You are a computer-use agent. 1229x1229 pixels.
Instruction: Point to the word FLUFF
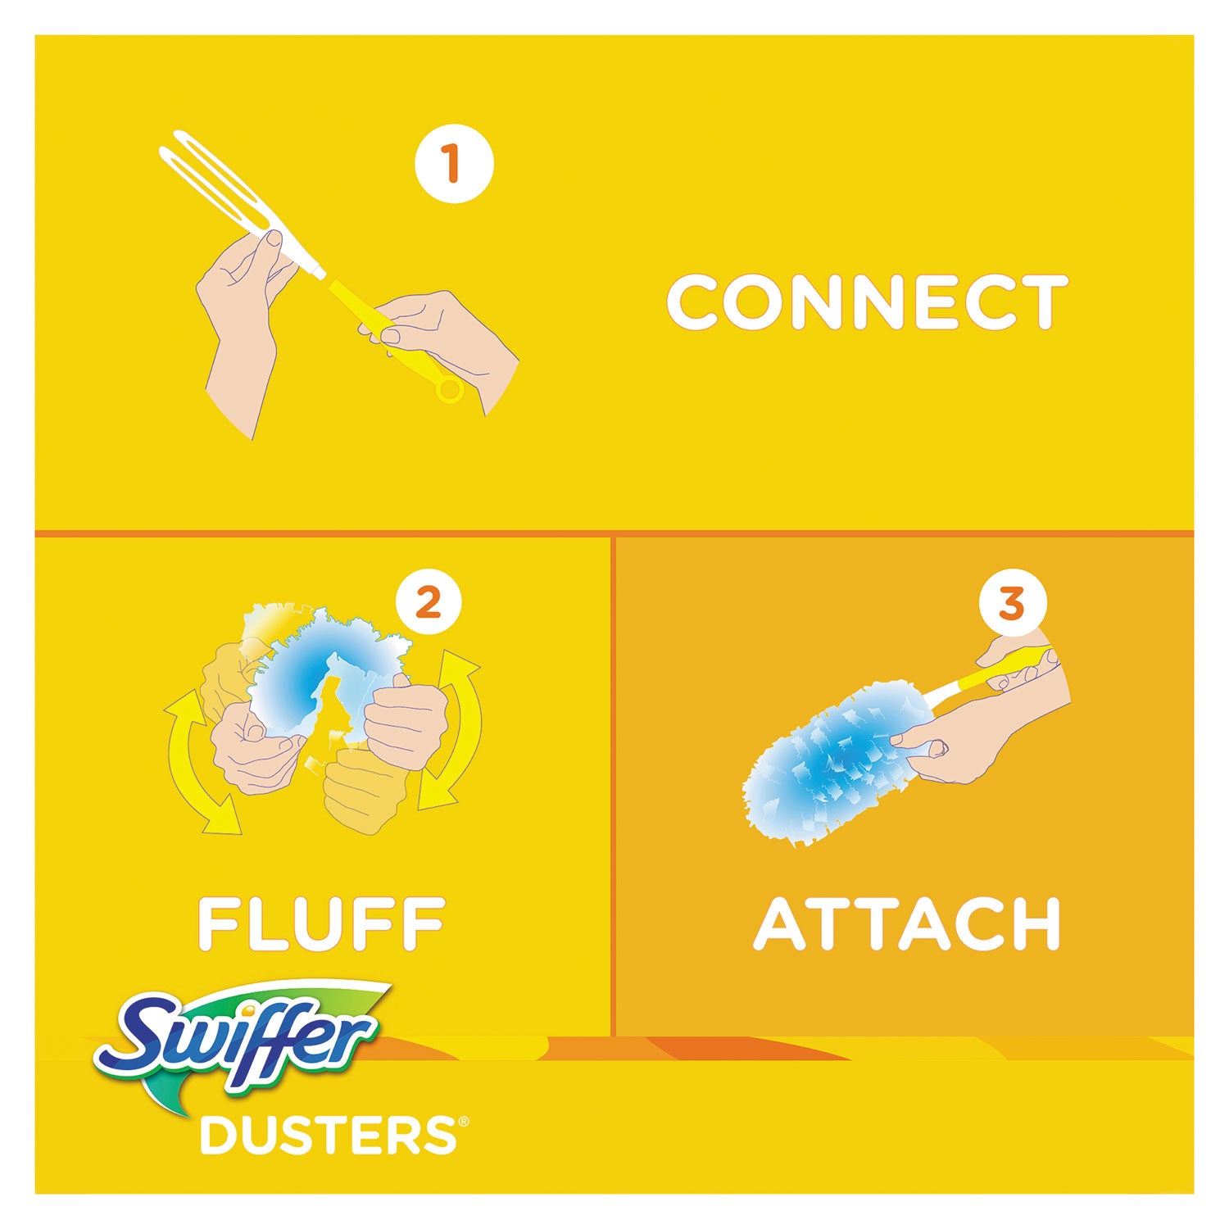322,923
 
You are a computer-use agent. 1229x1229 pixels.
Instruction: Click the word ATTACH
906,923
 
